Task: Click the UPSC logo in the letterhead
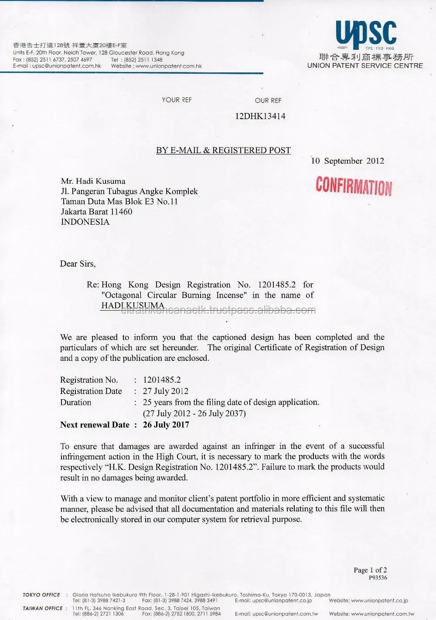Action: click(x=365, y=34)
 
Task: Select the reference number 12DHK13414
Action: click(x=260, y=116)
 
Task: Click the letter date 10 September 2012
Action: click(x=347, y=161)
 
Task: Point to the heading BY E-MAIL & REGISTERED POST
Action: click(x=223, y=151)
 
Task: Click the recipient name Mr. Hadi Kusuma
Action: click(x=93, y=181)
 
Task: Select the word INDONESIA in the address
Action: click(x=85, y=222)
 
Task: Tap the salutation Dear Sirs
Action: click(x=78, y=264)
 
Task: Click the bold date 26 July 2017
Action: click(x=166, y=425)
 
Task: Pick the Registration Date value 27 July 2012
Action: click(x=165, y=391)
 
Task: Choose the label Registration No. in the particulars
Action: click(x=89, y=380)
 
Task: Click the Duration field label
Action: click(x=75, y=402)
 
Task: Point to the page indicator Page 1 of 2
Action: click(x=370, y=570)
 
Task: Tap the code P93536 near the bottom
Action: click(x=378, y=578)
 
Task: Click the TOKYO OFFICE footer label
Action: click(x=41, y=595)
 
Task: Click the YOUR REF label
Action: click(x=177, y=100)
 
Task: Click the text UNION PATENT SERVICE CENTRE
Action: click(x=365, y=65)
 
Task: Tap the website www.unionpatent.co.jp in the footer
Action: click(x=379, y=601)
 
